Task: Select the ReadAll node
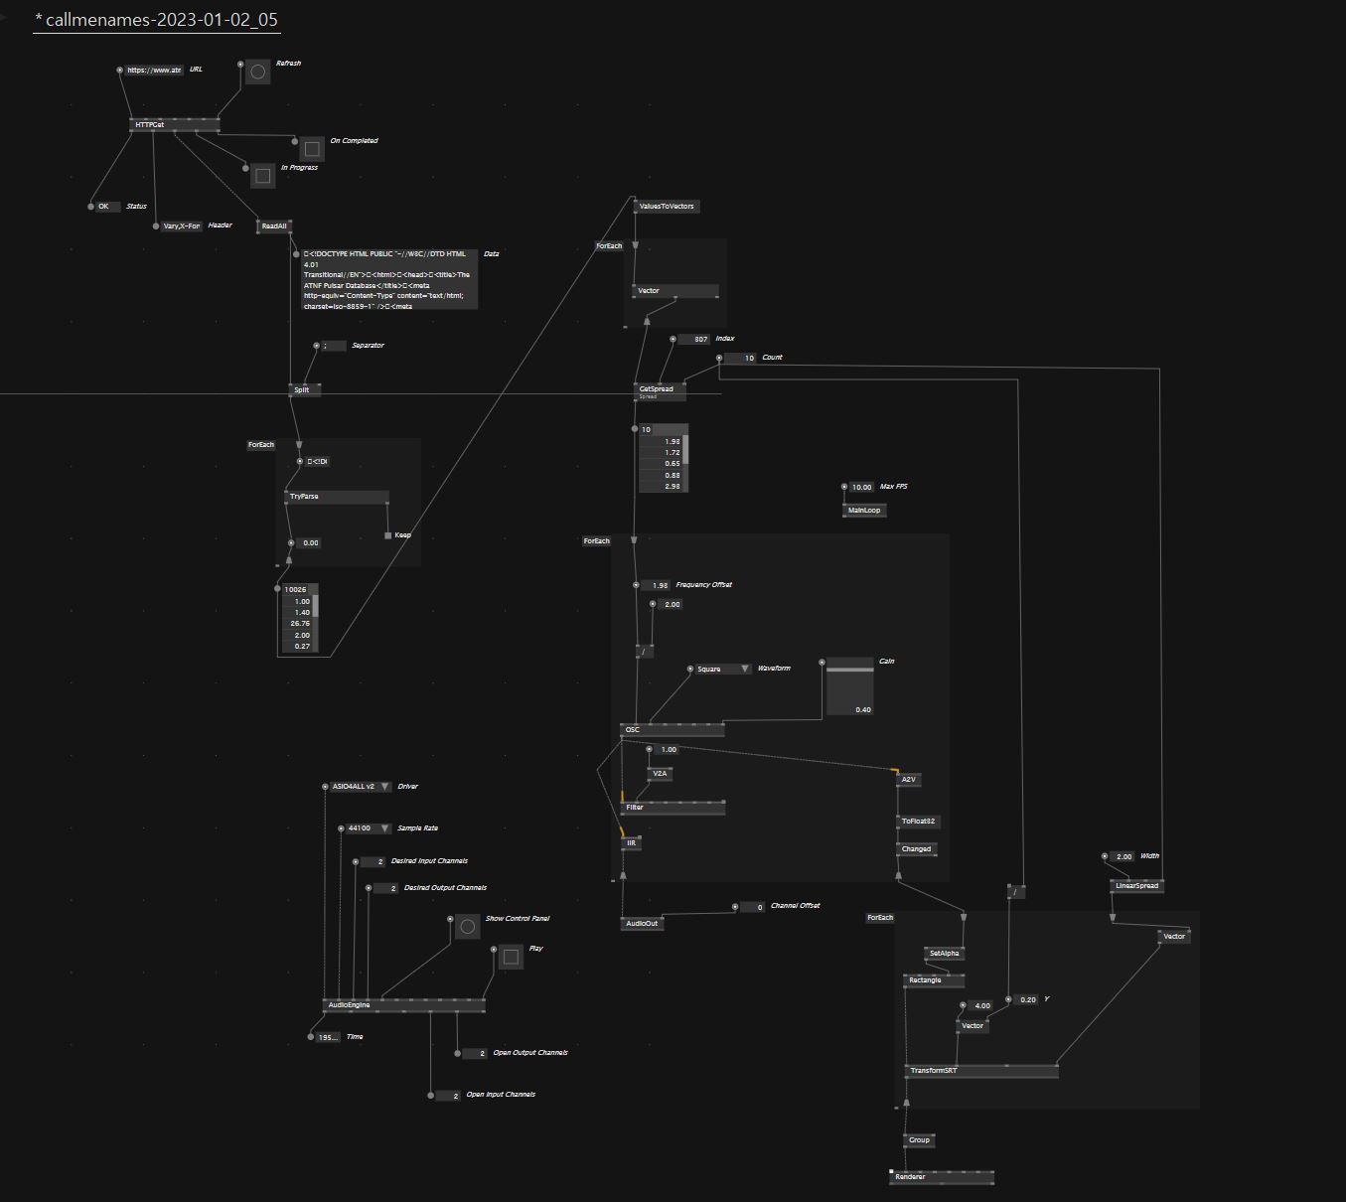274,226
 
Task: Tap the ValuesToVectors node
667,207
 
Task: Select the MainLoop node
864,511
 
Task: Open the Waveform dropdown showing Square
723,670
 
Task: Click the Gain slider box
850,685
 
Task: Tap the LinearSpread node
1136,886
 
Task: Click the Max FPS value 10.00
861,488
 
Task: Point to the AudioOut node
642,924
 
